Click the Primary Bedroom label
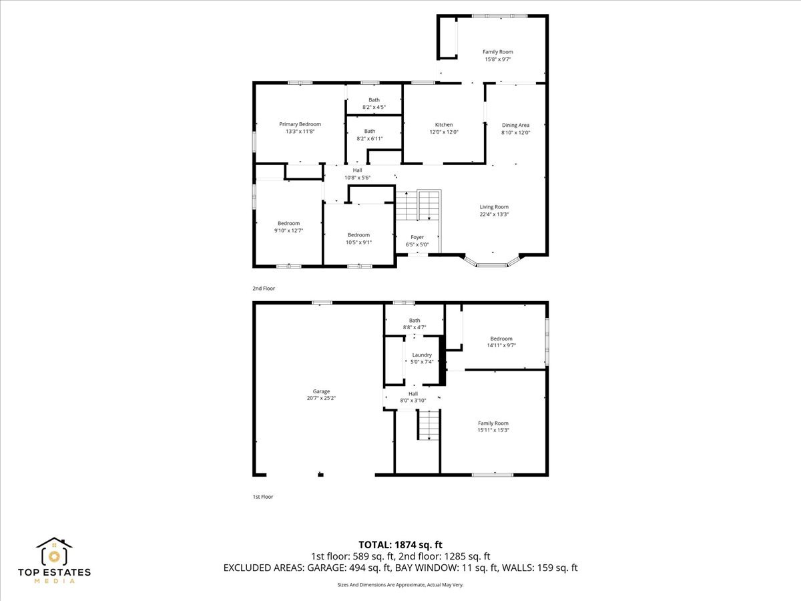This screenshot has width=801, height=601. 300,124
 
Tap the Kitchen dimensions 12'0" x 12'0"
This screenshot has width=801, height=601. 444,132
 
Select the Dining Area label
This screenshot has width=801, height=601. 515,125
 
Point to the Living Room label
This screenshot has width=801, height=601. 494,207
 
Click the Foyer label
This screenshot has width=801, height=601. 417,237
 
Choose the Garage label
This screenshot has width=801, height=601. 321,391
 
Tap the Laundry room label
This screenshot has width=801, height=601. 422,355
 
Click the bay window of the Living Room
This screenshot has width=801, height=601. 492,262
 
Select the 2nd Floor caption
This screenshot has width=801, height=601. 264,288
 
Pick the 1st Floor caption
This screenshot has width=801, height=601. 263,497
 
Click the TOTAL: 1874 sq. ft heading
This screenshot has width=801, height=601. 400,545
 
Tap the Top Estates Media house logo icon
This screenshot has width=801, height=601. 54,552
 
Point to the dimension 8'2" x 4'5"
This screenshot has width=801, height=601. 374,108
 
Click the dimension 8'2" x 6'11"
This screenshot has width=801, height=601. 370,139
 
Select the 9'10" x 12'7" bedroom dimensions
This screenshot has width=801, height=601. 288,230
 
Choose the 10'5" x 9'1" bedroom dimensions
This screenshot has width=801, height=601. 358,242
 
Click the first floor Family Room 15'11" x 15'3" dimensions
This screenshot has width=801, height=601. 493,430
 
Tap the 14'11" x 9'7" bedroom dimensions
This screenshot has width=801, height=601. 501,345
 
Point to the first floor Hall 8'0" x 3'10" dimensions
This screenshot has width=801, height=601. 413,400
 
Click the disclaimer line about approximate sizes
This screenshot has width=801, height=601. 400,584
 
